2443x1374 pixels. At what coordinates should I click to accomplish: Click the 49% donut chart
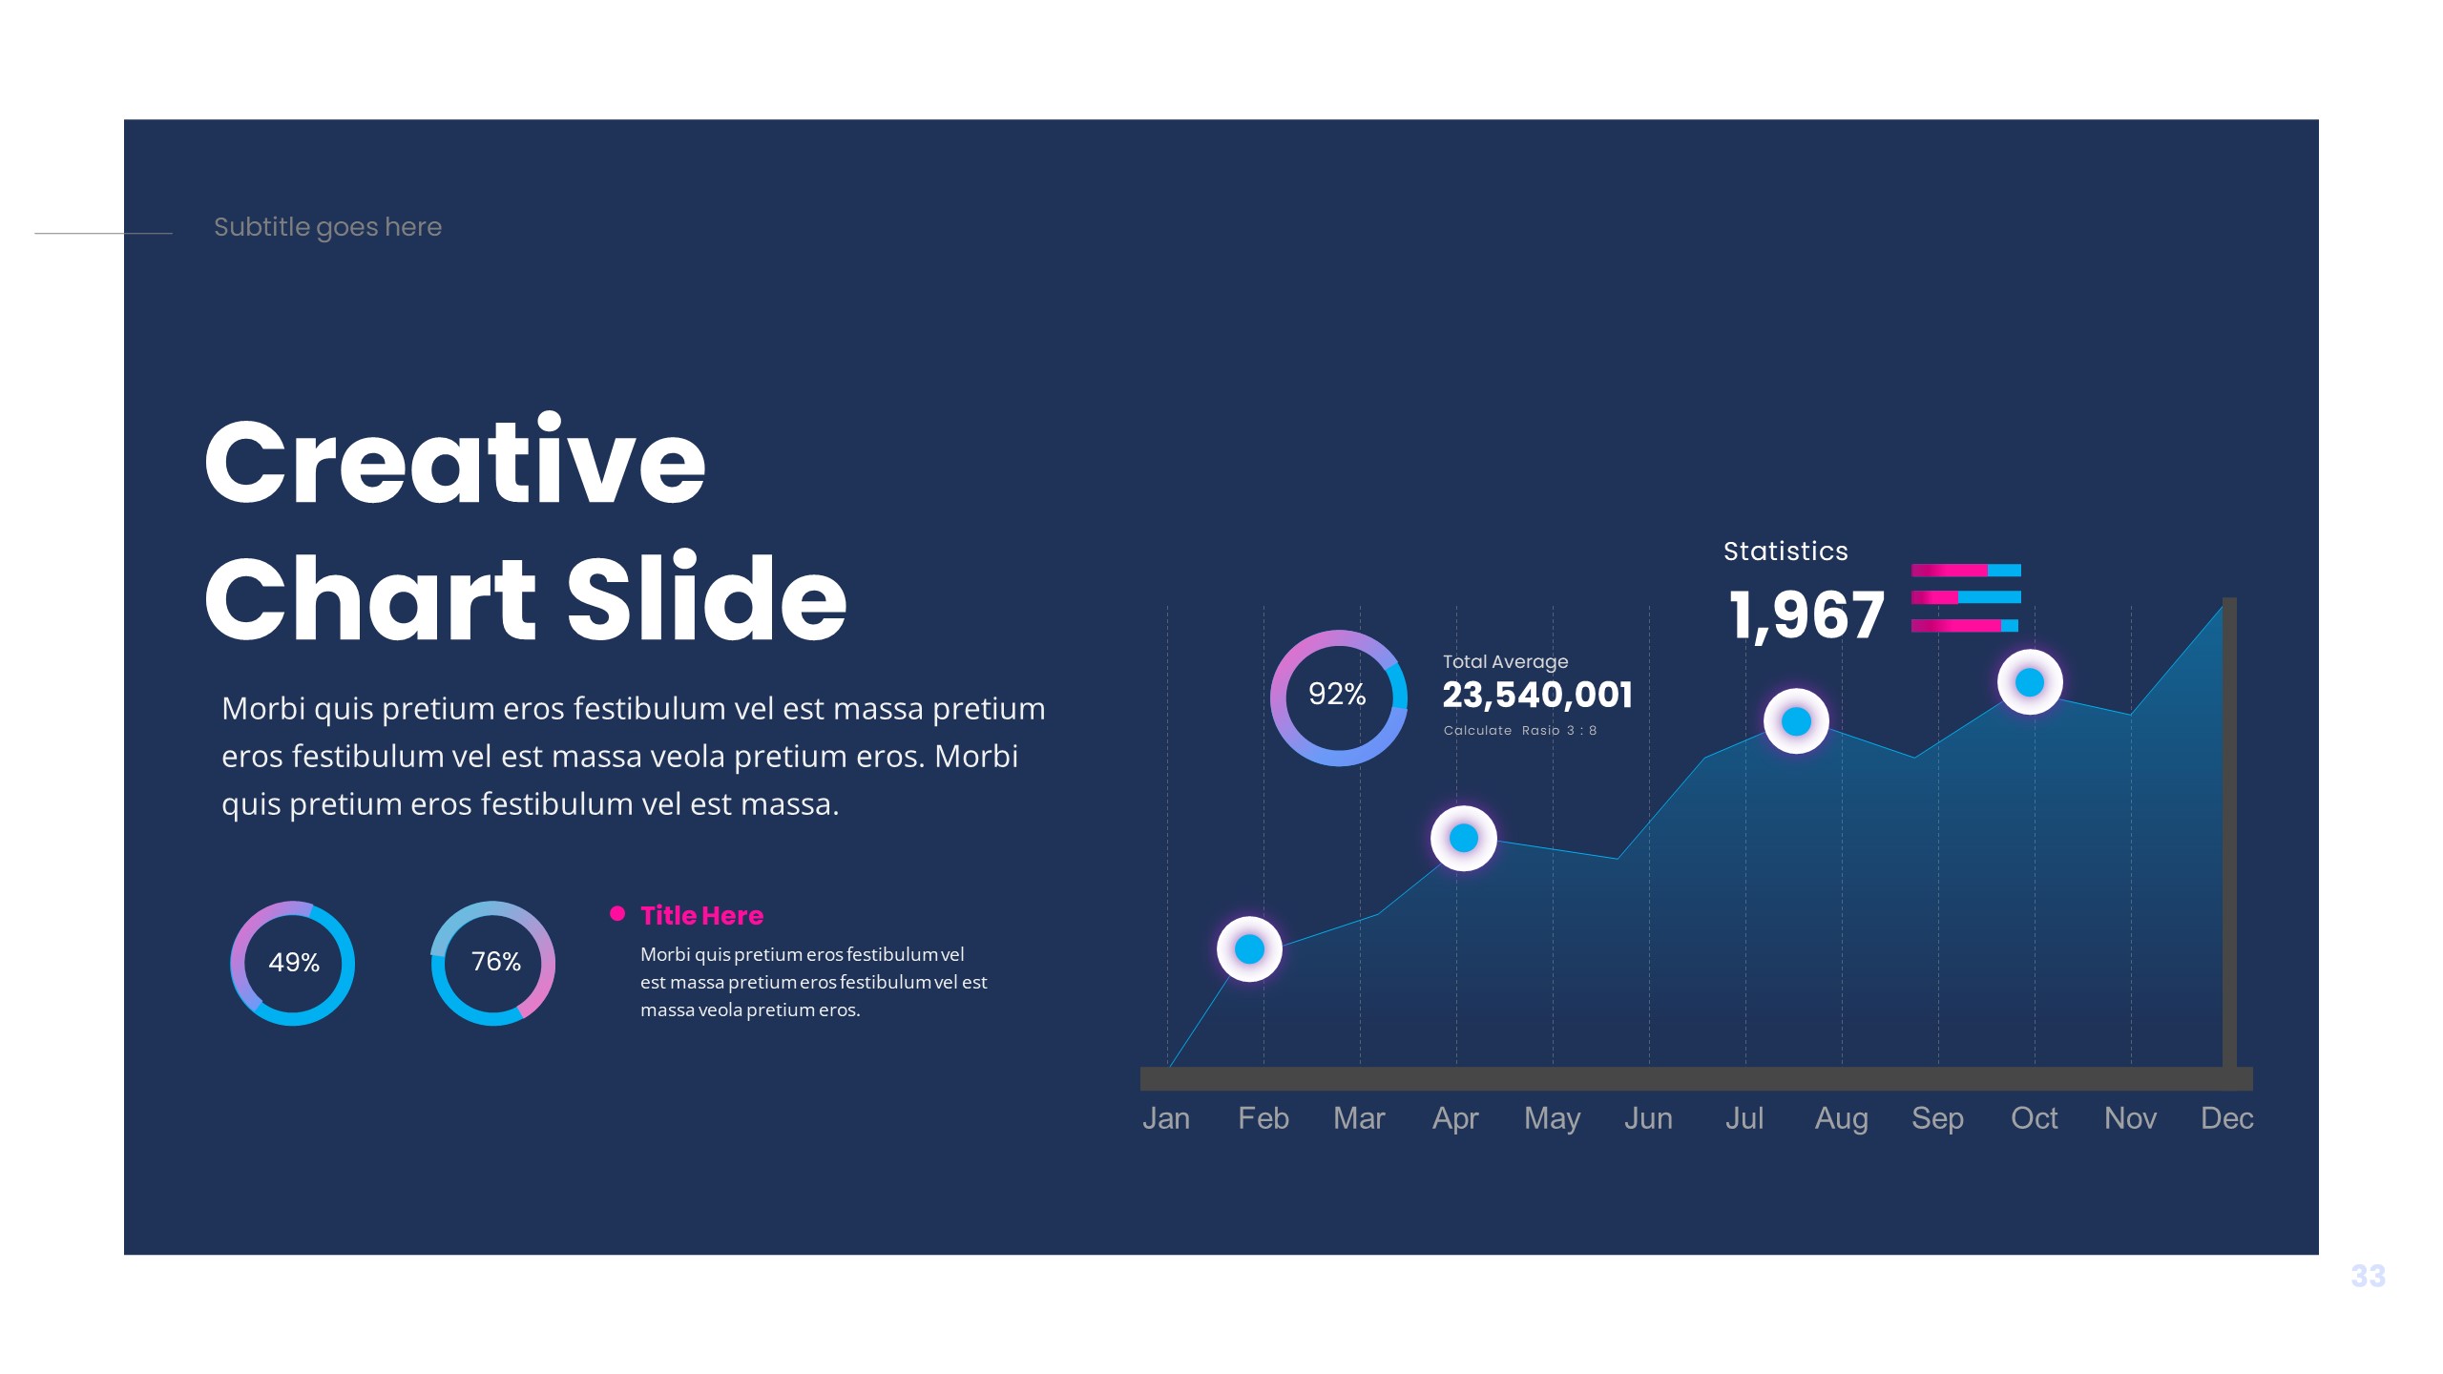[293, 963]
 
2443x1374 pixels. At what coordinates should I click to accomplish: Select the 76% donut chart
[493, 963]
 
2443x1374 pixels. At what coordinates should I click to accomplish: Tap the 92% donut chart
[1339, 697]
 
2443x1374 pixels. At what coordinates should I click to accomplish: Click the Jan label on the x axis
[1166, 1118]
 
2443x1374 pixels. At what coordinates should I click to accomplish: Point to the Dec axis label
[2226, 1118]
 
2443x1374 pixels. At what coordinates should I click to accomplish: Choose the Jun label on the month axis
[1648, 1118]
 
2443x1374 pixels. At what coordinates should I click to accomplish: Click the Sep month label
[1937, 1118]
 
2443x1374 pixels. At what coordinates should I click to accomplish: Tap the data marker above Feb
[1249, 949]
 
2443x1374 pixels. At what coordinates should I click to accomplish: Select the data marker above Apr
[1463, 839]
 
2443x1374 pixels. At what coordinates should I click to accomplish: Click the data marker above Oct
[2030, 682]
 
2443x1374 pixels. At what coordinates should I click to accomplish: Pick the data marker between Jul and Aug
[1796, 721]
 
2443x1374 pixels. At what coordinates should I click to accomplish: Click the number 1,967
[1806, 615]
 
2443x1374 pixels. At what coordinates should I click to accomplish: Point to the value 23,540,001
[1537, 695]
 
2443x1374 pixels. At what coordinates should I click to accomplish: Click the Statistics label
[1785, 552]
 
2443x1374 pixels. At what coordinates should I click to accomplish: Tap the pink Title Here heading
[701, 916]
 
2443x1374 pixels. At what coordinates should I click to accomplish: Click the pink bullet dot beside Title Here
[617, 914]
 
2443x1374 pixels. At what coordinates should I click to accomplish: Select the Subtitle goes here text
[327, 227]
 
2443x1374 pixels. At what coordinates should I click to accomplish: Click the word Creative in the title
[454, 462]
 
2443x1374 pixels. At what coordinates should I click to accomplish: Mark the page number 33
[2368, 1276]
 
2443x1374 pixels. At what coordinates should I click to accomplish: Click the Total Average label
[1505, 661]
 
